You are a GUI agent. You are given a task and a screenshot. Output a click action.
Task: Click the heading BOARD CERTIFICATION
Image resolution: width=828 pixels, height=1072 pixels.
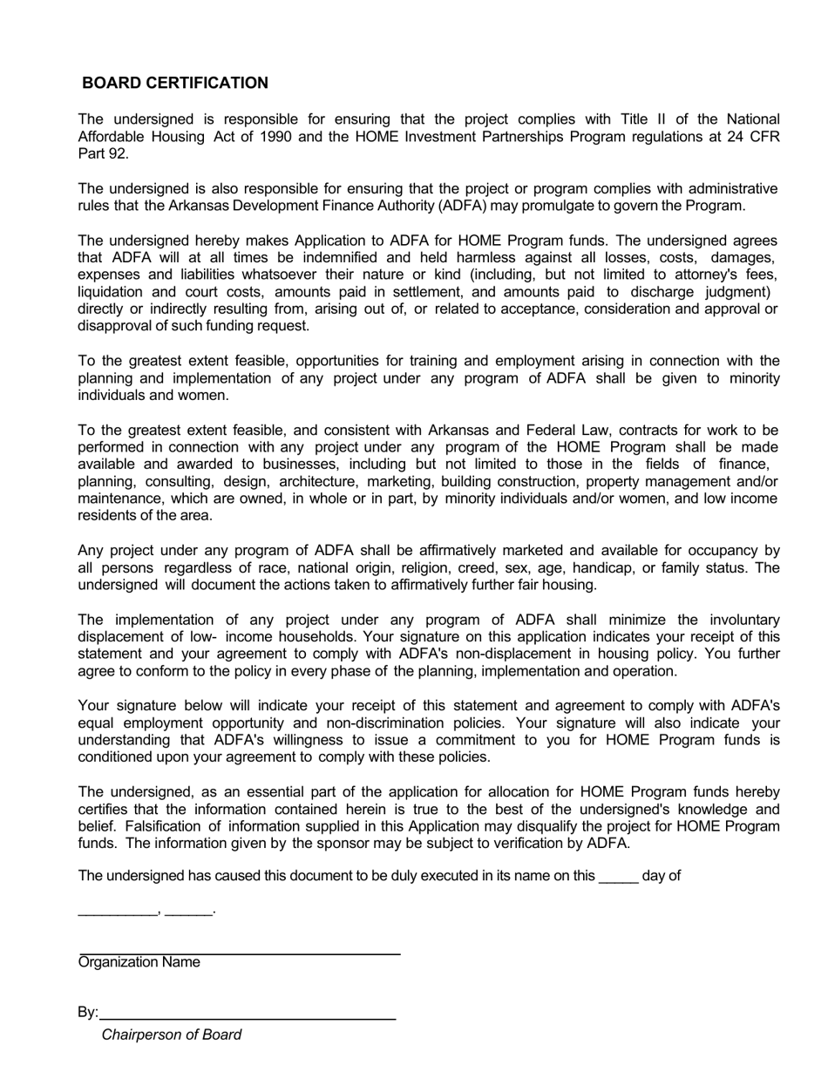175,84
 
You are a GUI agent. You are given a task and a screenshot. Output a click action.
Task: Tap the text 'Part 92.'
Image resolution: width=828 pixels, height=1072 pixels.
104,153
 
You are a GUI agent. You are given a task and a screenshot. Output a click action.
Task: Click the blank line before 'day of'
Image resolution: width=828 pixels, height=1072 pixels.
618,879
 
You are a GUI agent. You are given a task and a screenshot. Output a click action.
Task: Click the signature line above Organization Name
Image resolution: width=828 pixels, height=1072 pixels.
240,954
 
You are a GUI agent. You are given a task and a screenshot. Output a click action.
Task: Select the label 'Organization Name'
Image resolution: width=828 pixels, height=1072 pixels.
139,963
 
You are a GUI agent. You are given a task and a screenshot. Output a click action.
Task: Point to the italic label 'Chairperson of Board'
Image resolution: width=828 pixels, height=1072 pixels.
172,1035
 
